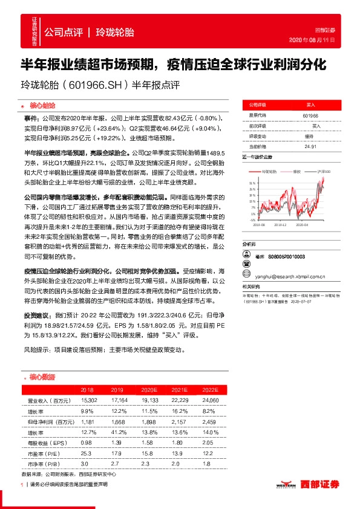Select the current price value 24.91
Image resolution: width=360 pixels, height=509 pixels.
[311, 146]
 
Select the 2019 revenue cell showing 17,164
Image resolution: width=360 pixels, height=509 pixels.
[118, 401]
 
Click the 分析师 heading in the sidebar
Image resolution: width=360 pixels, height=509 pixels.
[249, 244]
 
